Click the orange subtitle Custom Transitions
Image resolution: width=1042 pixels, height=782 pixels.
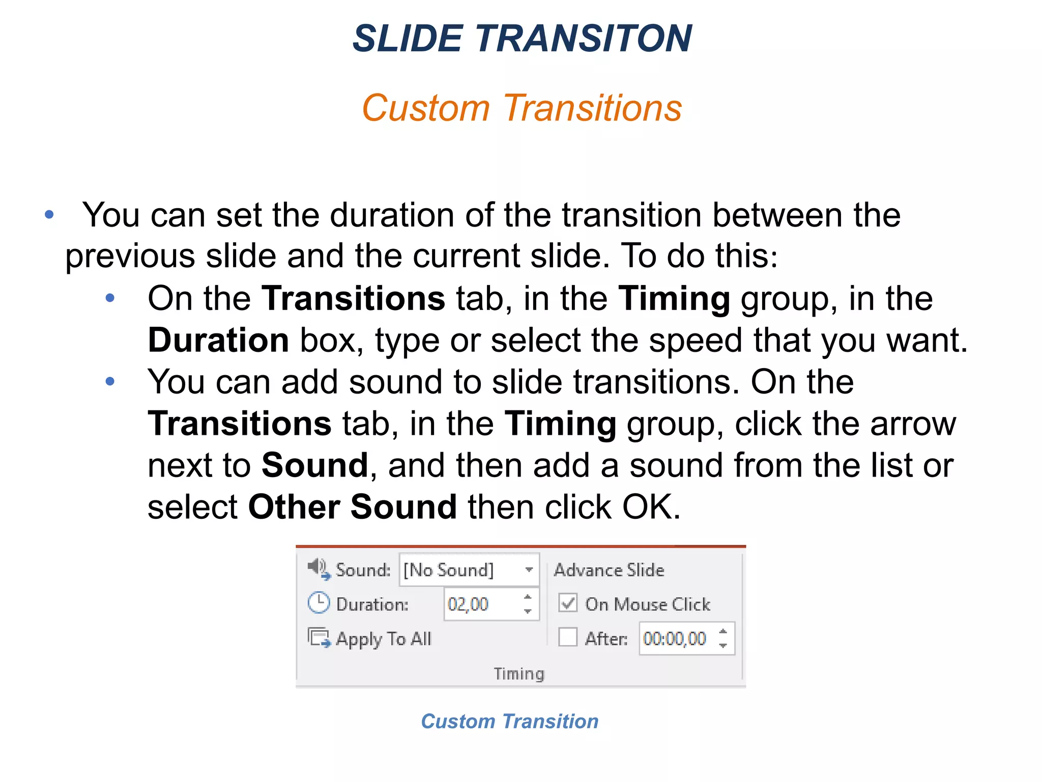coord(522,108)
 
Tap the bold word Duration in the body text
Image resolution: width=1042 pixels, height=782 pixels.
coord(218,340)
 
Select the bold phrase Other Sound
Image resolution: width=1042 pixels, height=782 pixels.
coord(353,507)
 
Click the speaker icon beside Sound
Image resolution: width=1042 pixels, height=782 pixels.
coord(319,568)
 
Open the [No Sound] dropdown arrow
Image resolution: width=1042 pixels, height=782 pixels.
coord(529,570)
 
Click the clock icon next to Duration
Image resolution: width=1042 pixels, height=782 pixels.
coord(319,603)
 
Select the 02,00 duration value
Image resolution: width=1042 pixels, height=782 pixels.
coord(468,604)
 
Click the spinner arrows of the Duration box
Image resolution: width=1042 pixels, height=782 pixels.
coord(528,604)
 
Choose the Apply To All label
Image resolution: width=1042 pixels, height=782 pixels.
coord(384,638)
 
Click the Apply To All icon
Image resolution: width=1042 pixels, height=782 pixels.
coord(319,637)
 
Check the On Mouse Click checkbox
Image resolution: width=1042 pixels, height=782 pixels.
coord(568,603)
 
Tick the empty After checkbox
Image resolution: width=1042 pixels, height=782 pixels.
coord(568,637)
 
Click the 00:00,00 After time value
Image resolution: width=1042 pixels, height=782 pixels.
coord(675,638)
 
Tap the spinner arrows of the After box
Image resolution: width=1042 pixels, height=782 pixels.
coord(723,638)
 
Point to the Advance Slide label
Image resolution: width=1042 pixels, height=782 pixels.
coord(609,570)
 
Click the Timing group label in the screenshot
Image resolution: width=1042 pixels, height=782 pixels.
coord(519,674)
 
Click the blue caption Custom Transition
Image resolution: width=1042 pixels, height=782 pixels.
coord(510,721)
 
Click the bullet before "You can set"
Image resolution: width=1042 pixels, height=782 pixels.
coord(49,215)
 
